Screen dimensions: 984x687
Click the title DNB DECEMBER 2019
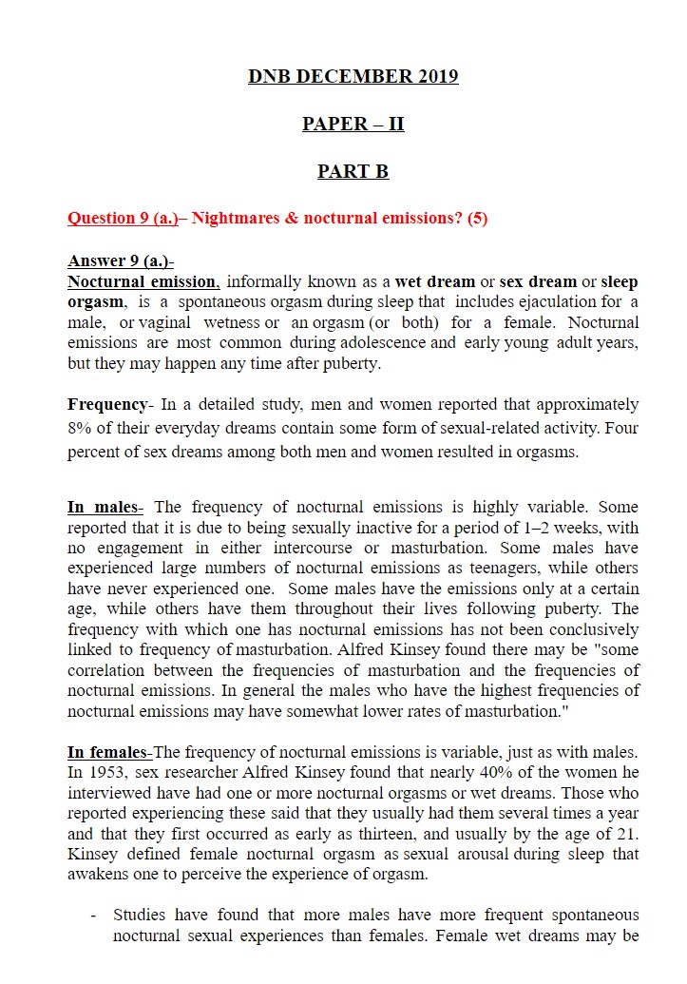coord(353,77)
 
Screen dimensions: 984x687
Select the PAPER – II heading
coord(353,125)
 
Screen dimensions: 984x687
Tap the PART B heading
coord(353,172)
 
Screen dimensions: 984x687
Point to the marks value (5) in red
coord(477,218)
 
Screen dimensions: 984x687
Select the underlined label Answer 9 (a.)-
coord(121,260)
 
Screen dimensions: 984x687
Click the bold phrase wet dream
coord(435,281)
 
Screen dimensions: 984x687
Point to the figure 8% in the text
coord(79,428)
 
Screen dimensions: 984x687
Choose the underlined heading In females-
coord(111,751)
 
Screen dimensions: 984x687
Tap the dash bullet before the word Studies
coord(93,915)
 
